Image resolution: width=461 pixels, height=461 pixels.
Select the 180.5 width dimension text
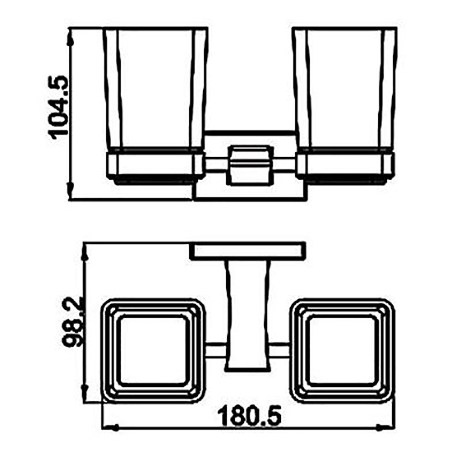tap(249, 415)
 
